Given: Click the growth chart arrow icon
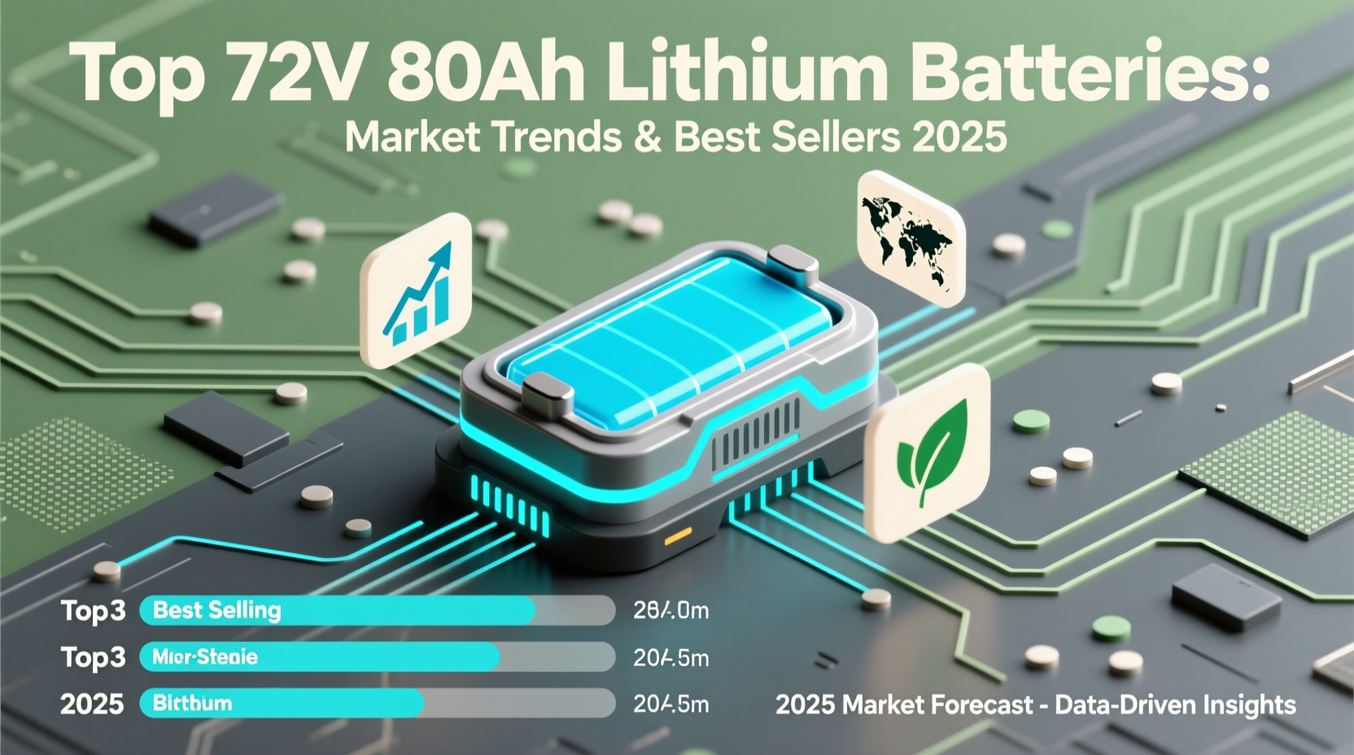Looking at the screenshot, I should [x=417, y=291].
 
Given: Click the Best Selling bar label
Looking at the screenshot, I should [x=216, y=610].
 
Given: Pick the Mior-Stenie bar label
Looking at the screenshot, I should [x=205, y=657].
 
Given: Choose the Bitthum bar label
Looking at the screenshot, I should [x=192, y=703].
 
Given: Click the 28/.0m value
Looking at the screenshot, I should [x=670, y=610].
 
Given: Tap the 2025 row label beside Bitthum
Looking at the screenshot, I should [x=92, y=704].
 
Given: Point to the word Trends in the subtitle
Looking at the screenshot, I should [x=554, y=137].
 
